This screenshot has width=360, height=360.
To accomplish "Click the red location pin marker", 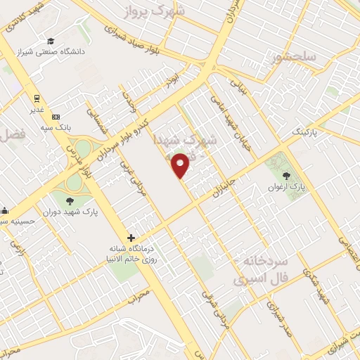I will [x=181, y=165].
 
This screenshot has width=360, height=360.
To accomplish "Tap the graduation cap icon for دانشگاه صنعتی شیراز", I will [x=50, y=41].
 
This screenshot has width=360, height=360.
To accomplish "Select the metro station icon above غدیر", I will [x=35, y=98].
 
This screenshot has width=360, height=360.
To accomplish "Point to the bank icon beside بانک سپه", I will [x=56, y=117].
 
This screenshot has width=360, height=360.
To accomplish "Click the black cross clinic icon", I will [x=131, y=238].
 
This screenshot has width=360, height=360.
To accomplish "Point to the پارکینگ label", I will [x=304, y=132].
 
